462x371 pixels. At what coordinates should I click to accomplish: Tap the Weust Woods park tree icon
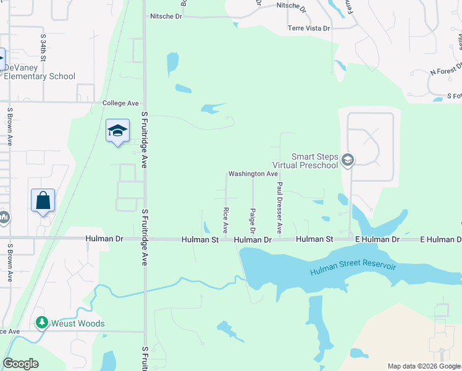[x=42, y=323]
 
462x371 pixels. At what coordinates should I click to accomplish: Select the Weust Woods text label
[x=78, y=323]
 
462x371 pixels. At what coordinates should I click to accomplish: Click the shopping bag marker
[x=43, y=200]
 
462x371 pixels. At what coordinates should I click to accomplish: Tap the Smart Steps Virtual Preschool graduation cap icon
[x=348, y=161]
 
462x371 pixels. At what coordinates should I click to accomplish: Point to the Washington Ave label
[x=253, y=174]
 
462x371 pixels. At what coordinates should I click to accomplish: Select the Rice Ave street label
[x=225, y=220]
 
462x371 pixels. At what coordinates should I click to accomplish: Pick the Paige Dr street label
[x=253, y=221]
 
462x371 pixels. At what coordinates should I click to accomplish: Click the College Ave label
[x=120, y=103]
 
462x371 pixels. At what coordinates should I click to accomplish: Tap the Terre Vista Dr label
[x=309, y=28]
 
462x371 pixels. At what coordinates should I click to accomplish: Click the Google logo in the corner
[x=20, y=364]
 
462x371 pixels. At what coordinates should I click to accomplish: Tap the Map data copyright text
[x=423, y=366]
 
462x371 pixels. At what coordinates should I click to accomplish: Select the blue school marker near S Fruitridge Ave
[x=117, y=131]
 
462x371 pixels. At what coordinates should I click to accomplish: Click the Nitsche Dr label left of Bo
[x=166, y=17]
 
